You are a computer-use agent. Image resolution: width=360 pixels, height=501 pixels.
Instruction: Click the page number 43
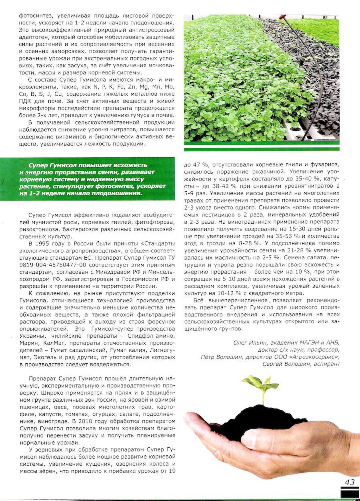tap(350, 482)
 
